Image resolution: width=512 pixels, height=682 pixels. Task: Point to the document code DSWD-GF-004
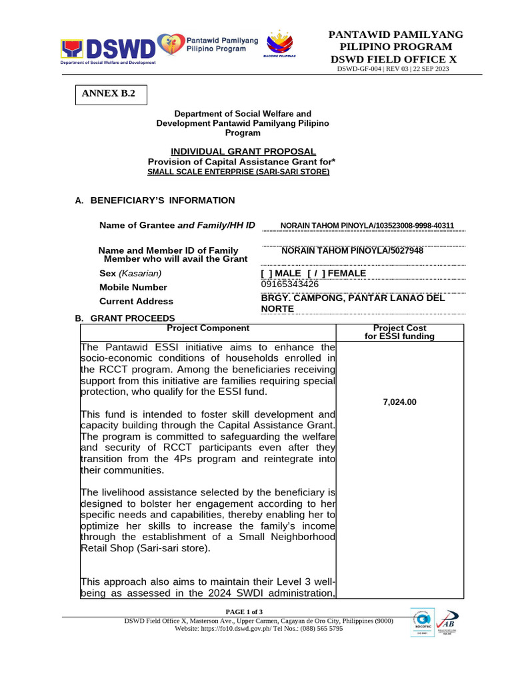pyautogui.click(x=360, y=69)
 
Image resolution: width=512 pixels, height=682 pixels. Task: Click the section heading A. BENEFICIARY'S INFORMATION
pyautogui.click(x=155, y=200)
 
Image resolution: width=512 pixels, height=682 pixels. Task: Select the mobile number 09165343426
pyautogui.click(x=290, y=284)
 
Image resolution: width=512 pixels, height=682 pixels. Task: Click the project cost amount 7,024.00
pyautogui.click(x=400, y=402)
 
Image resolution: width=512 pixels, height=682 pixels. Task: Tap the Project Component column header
pyautogui.click(x=208, y=328)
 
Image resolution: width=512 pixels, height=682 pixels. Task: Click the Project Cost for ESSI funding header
pyautogui.click(x=399, y=332)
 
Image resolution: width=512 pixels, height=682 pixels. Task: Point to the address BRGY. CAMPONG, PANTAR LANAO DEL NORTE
pyautogui.click(x=353, y=304)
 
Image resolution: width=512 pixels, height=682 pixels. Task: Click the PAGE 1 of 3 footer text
pyautogui.click(x=244, y=611)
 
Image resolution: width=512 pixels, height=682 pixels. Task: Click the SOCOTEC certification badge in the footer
pyautogui.click(x=422, y=622)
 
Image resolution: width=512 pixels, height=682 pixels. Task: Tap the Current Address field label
pyautogui.click(x=137, y=301)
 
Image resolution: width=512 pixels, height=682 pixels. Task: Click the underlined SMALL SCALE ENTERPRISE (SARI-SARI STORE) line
pyautogui.click(x=238, y=172)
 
